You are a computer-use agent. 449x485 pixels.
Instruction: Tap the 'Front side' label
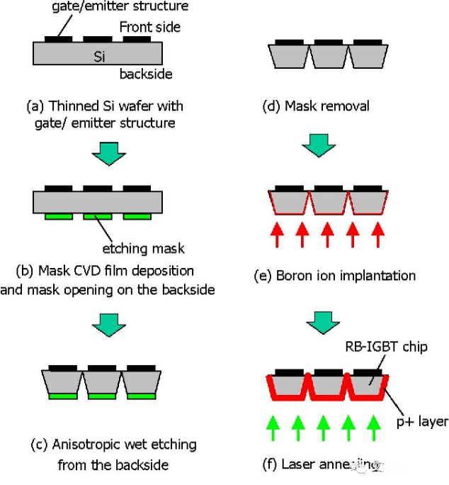[150, 27]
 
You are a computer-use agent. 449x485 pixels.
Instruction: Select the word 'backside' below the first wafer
[146, 74]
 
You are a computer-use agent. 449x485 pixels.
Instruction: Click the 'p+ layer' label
[421, 421]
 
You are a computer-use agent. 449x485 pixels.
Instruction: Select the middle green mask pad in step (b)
[98, 216]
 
